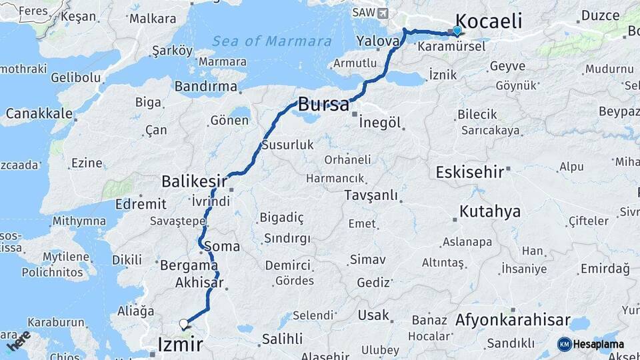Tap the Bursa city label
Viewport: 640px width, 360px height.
tap(323, 105)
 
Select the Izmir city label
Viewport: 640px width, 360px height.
tap(180, 345)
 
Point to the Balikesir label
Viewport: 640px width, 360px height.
tap(193, 181)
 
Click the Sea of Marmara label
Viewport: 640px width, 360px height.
tap(272, 41)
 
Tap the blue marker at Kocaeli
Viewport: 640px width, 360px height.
tap(457, 30)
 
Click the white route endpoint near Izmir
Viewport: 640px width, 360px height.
tap(183, 325)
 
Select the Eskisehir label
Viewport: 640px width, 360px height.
tap(469, 172)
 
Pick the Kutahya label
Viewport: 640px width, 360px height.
tap(489, 212)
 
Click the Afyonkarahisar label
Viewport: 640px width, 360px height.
tap(513, 320)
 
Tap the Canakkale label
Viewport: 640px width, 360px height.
tap(39, 113)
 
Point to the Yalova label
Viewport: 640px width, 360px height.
tap(378, 41)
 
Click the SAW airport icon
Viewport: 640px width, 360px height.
tap(381, 13)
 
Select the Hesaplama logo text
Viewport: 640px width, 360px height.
tap(599, 344)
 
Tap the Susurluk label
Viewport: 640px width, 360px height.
tap(287, 144)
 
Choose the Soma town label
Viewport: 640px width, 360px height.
tap(222, 246)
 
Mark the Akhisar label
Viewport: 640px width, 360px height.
tap(199, 283)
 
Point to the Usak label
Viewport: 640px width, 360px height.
tap(373, 315)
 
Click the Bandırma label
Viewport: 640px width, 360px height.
tap(206, 87)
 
